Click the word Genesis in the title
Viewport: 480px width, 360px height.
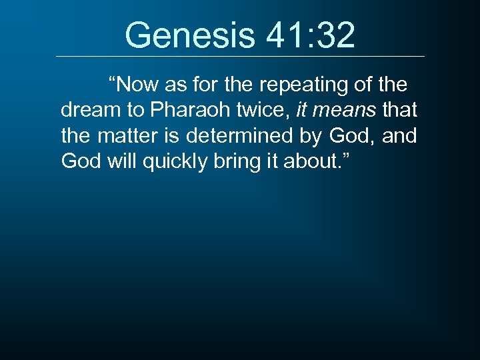185,35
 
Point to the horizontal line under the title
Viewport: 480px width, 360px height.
240,56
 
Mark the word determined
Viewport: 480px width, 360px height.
243,137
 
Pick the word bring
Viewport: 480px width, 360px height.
241,162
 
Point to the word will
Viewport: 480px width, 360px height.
121,162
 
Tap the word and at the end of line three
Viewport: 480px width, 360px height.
400,137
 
